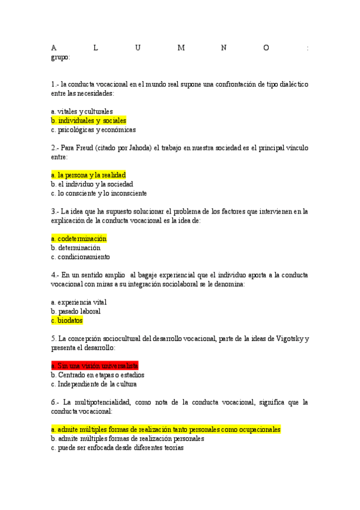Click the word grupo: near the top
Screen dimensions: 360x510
61,58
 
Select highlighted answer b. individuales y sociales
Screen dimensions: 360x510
88,120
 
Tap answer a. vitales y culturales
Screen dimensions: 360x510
82,111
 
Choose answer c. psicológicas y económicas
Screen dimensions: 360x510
93,129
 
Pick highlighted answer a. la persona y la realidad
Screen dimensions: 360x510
88,175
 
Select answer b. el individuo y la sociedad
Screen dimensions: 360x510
92,184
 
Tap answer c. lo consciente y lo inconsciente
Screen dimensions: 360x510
99,194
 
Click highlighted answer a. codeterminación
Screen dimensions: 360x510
79,239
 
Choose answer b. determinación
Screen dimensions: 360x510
76,248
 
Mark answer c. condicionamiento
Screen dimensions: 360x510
81,257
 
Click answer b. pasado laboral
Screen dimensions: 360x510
76,312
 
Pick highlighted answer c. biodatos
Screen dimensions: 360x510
67,321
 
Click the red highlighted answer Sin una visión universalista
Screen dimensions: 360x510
95,366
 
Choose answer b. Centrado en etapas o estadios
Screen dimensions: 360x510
97,375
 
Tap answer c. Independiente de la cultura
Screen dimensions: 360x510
94,384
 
